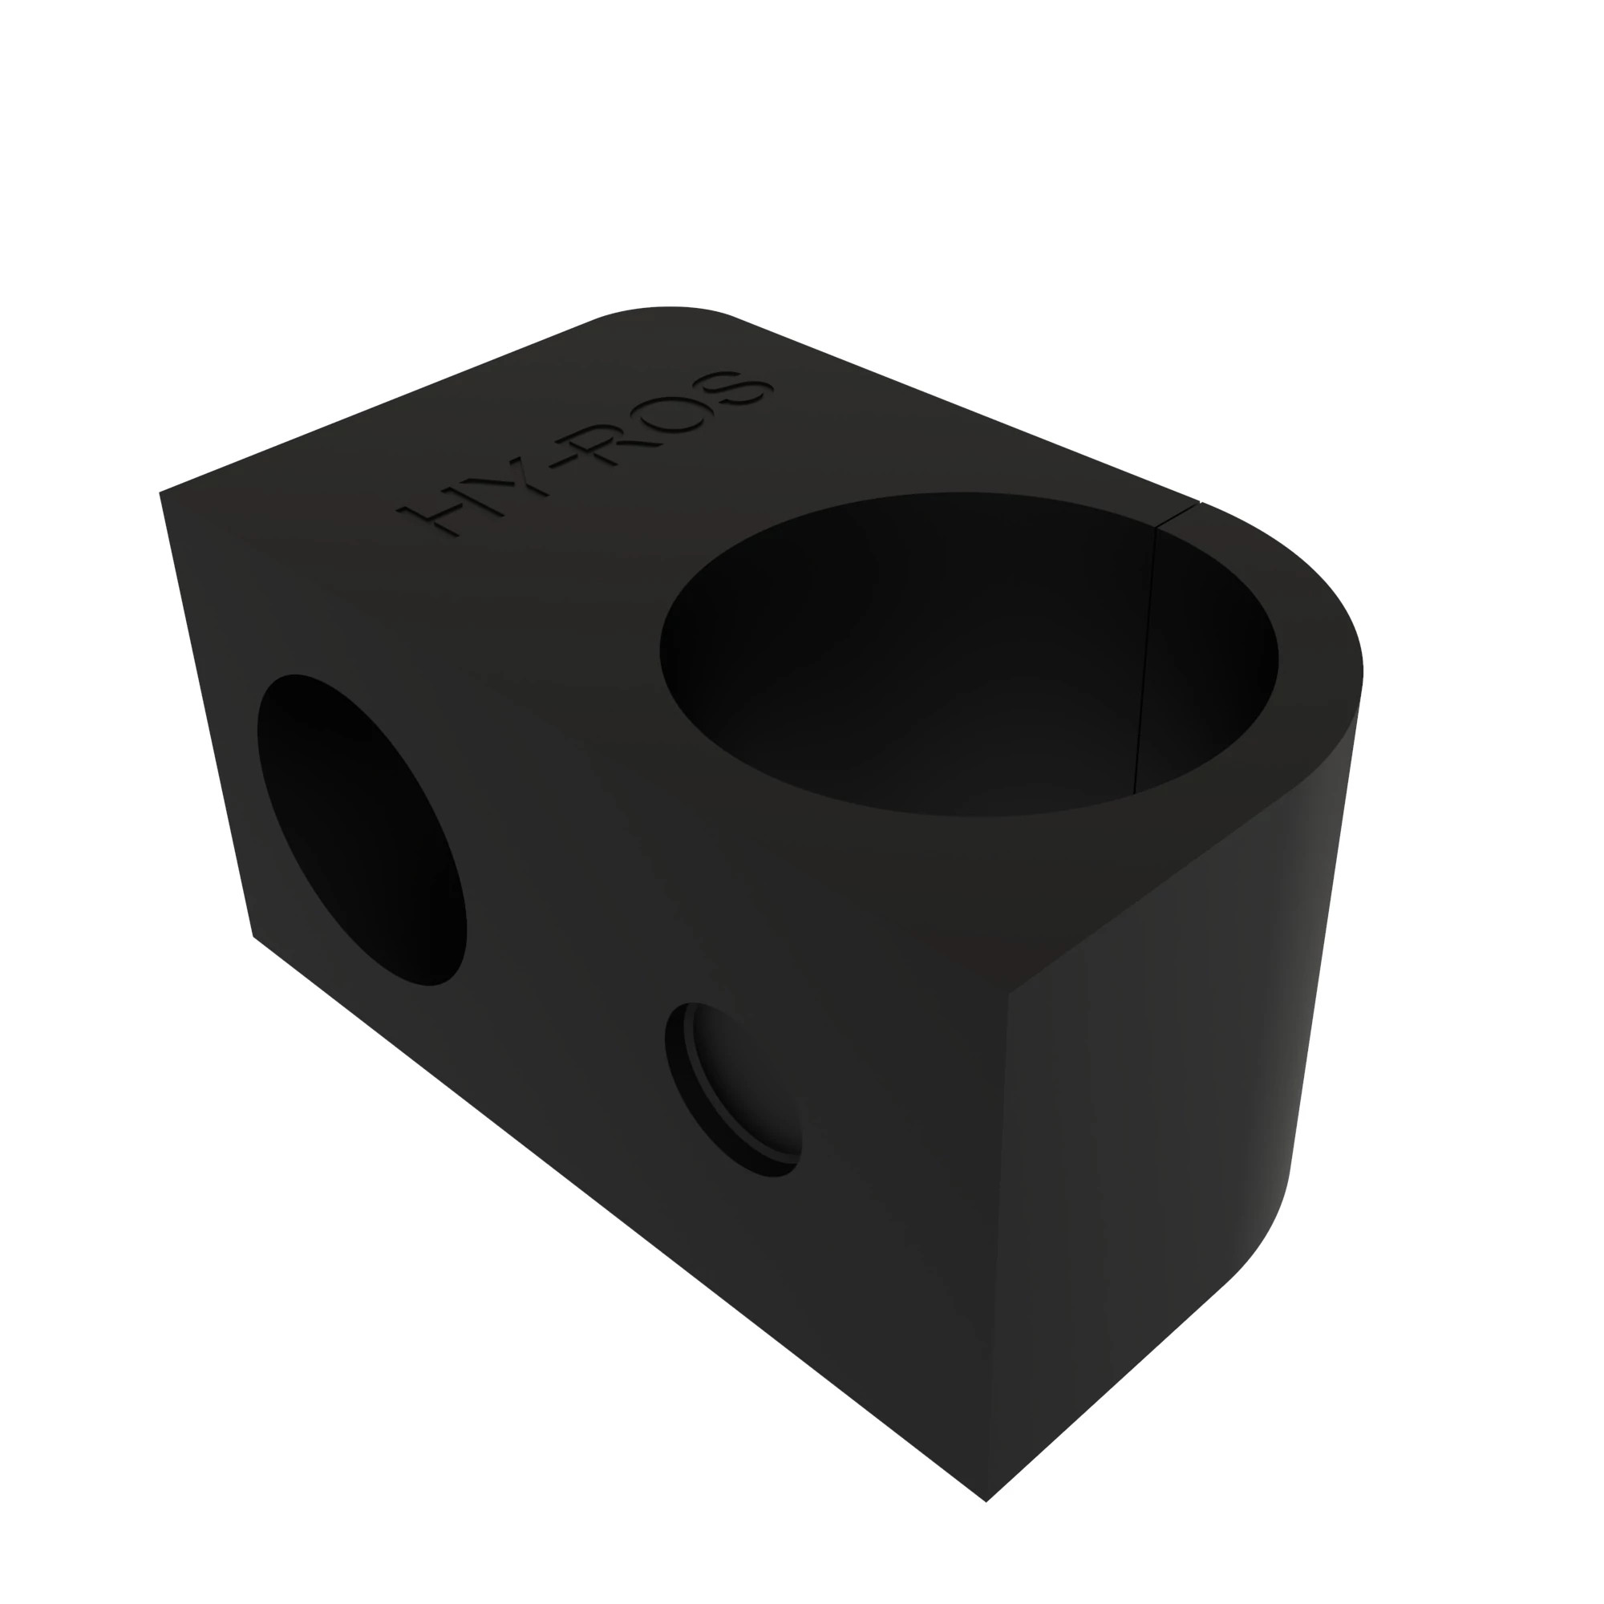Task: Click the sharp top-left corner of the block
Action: (160, 493)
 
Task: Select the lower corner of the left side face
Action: (253, 937)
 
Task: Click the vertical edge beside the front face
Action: (998, 1246)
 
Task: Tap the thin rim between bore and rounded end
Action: (1320, 664)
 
